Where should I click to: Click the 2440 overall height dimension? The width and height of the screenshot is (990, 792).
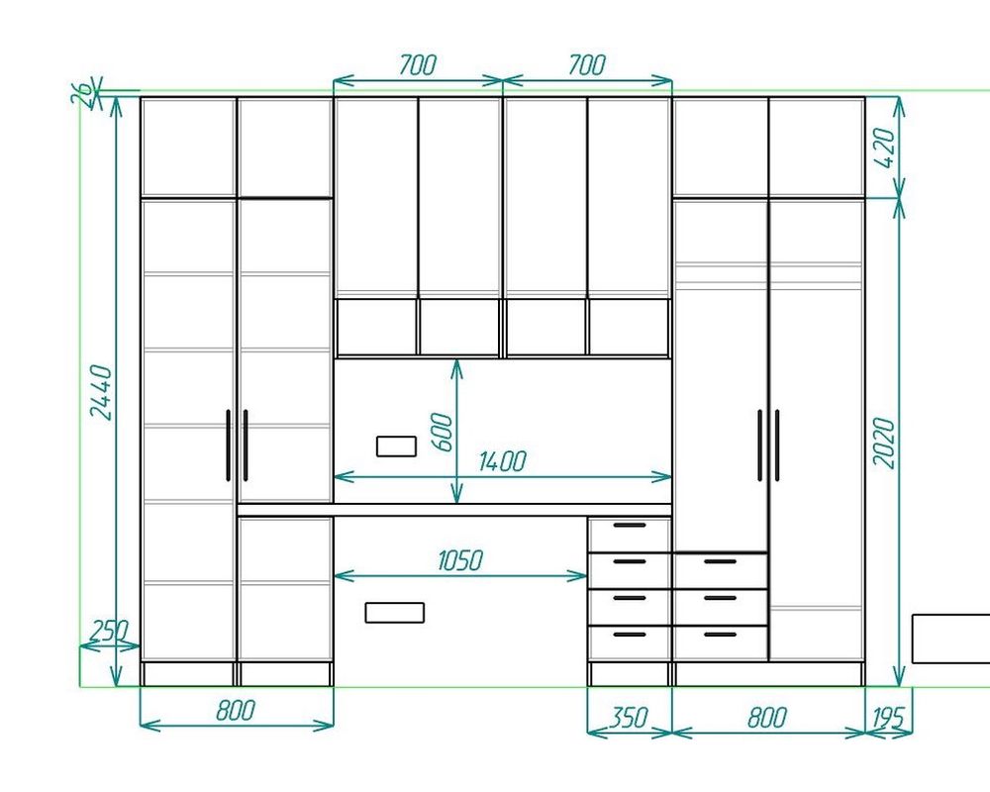pyautogui.click(x=101, y=392)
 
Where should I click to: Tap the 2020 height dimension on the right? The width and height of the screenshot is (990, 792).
pyautogui.click(x=884, y=443)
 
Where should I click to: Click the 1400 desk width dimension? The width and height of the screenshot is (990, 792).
pyautogui.click(x=502, y=461)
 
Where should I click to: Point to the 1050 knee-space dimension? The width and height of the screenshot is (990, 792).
pyautogui.click(x=460, y=560)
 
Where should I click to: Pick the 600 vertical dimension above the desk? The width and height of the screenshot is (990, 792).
pyautogui.click(x=442, y=433)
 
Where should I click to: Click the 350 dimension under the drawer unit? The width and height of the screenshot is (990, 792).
pyautogui.click(x=630, y=718)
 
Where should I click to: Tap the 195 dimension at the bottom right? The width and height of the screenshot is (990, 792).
pyautogui.click(x=889, y=718)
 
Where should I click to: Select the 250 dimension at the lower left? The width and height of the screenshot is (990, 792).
pyautogui.click(x=109, y=631)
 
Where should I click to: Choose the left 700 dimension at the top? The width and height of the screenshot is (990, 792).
pyautogui.click(x=418, y=64)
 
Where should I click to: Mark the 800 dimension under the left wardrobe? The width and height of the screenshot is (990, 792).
pyautogui.click(x=236, y=711)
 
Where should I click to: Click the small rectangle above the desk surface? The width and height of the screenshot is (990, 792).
pyautogui.click(x=397, y=445)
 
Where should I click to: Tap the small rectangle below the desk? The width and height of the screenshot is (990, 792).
pyautogui.click(x=395, y=613)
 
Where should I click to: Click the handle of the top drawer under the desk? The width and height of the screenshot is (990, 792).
pyautogui.click(x=630, y=525)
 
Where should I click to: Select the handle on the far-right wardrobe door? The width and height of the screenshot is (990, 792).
pyautogui.click(x=777, y=445)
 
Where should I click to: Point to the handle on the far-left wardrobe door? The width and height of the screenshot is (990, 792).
pyautogui.click(x=228, y=445)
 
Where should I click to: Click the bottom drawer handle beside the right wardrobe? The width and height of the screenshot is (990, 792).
pyautogui.click(x=721, y=635)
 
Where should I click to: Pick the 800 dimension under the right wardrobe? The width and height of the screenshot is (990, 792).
pyautogui.click(x=767, y=718)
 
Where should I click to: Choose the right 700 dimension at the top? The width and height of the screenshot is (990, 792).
pyautogui.click(x=587, y=64)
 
